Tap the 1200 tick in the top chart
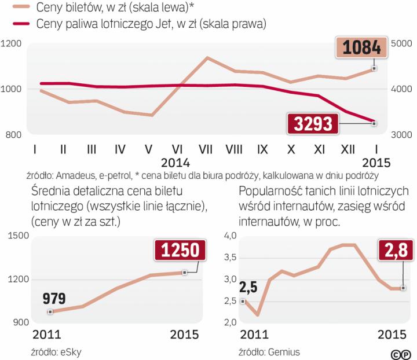12,44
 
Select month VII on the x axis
207,149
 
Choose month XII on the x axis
346,149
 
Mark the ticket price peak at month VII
207,58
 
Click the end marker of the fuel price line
374,123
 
